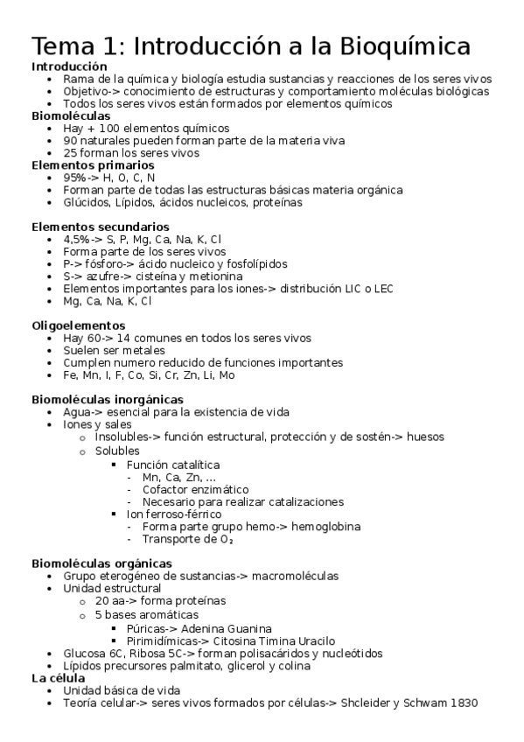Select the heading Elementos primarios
coord(80,164)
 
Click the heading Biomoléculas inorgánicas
coord(108,399)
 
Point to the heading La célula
coord(58,677)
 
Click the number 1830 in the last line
coord(463,703)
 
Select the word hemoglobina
coord(327,527)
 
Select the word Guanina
coord(246,628)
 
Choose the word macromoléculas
coord(290,576)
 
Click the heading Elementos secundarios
coord(88,227)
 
